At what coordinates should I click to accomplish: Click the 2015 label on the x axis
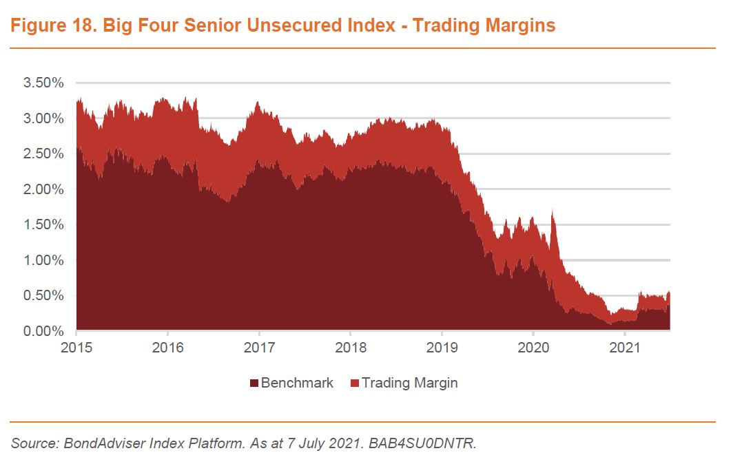tap(76, 348)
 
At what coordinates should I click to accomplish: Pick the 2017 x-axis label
tap(259, 348)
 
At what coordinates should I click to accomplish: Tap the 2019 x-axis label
tap(442, 348)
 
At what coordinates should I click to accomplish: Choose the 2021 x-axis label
tap(624, 348)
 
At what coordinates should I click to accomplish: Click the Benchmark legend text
tap(297, 383)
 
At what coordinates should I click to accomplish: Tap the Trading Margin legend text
tap(409, 383)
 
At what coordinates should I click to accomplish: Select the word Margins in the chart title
tap(522, 26)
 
